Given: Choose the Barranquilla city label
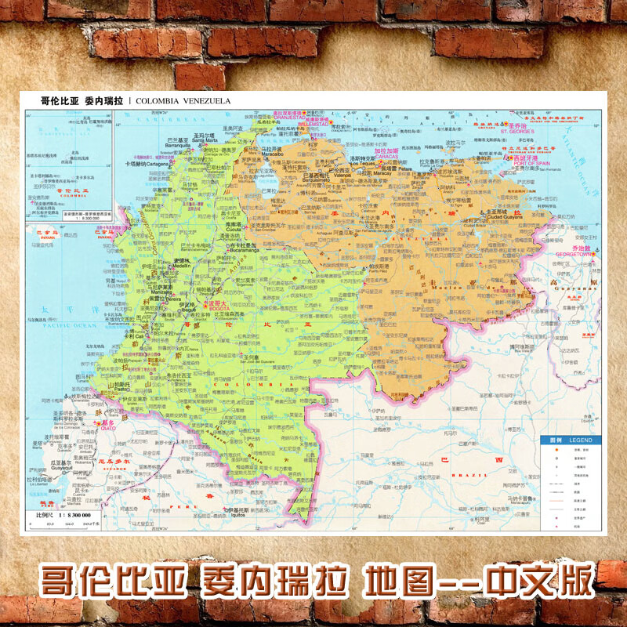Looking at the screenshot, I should [178, 145].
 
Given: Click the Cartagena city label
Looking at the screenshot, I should [162, 165].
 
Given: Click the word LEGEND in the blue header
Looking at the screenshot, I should [580, 440].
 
